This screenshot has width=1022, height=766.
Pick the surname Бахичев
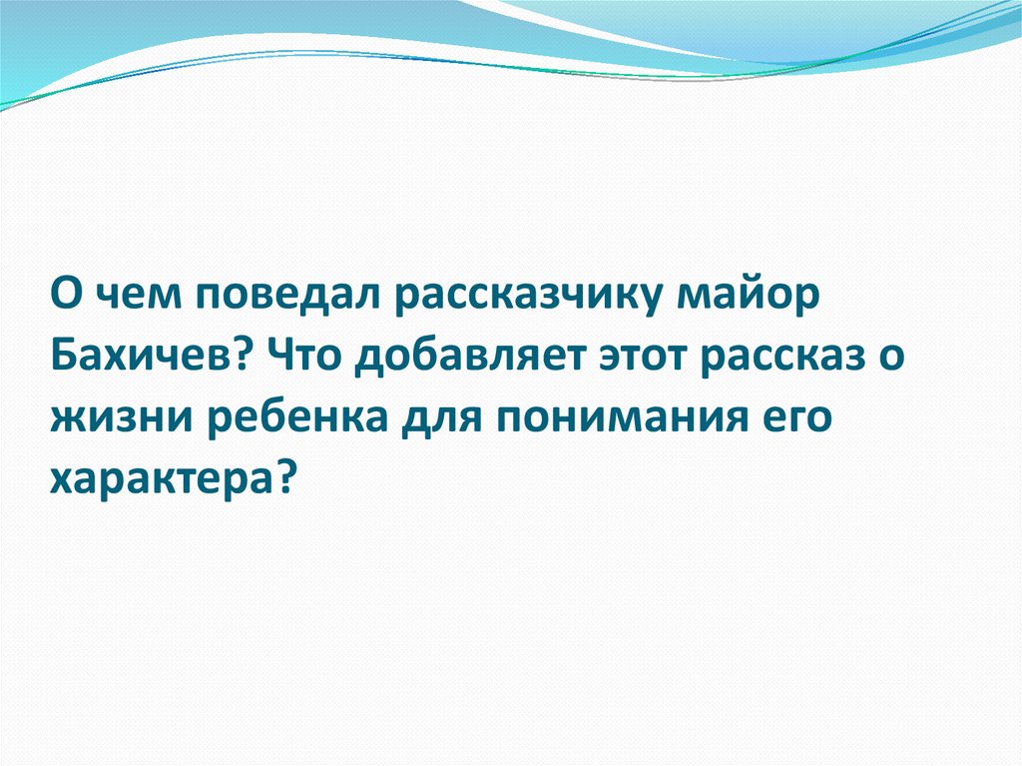pyautogui.click(x=141, y=360)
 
